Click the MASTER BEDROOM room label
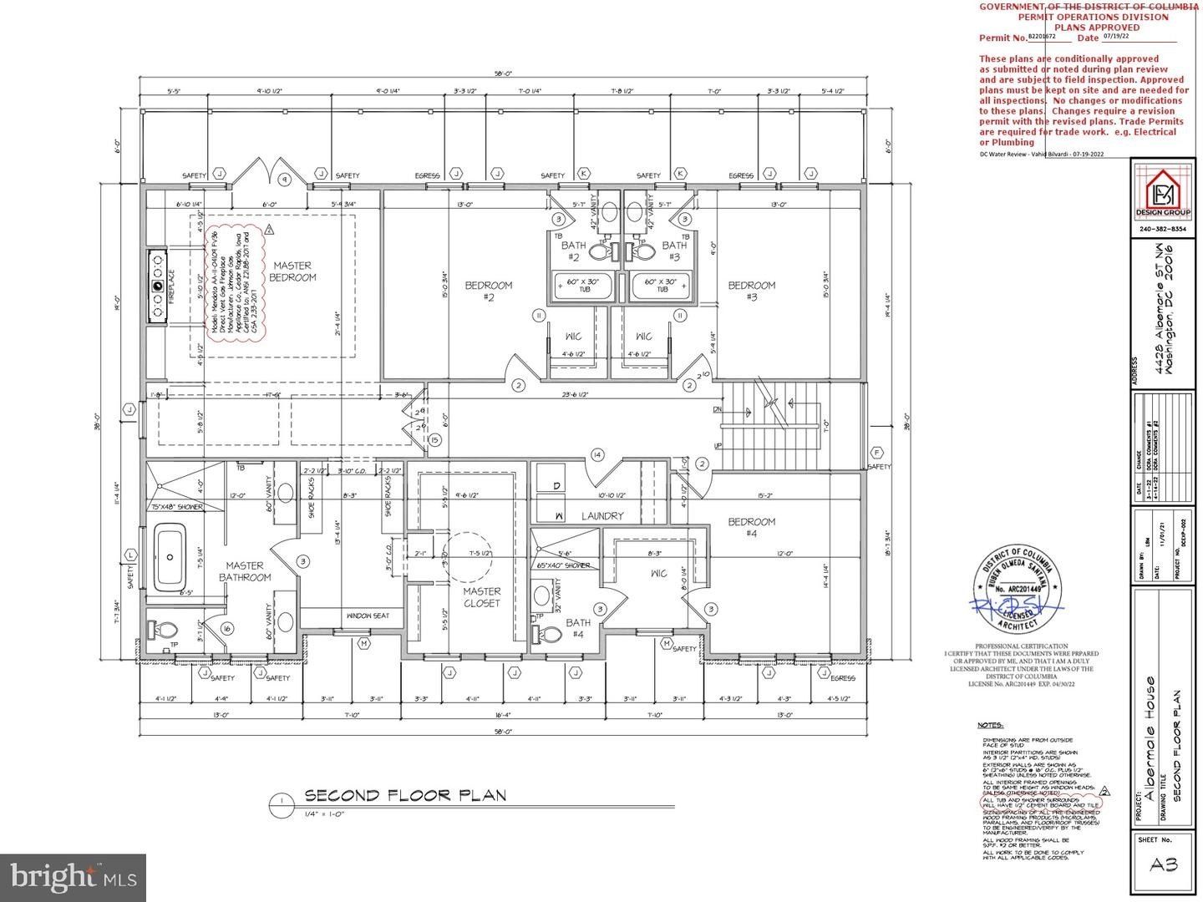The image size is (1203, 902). click(294, 271)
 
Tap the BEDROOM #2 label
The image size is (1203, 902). click(489, 291)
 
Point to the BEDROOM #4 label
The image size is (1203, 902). click(751, 528)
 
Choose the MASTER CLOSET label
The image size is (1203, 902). click(481, 597)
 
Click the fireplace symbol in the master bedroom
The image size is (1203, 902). click(157, 286)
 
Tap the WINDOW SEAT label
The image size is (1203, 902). click(368, 616)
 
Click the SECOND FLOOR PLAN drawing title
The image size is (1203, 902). click(405, 795)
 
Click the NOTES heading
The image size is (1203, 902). click(990, 726)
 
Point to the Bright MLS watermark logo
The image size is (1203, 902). click(73, 877)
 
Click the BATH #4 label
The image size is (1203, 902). click(578, 628)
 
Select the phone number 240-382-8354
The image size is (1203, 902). click(1163, 230)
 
